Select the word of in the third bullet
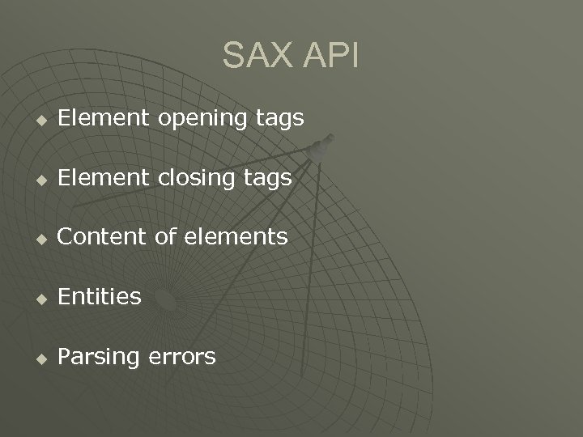[x=171, y=237]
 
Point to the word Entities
[x=100, y=296]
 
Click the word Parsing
[x=101, y=357]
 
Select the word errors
[x=185, y=356]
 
